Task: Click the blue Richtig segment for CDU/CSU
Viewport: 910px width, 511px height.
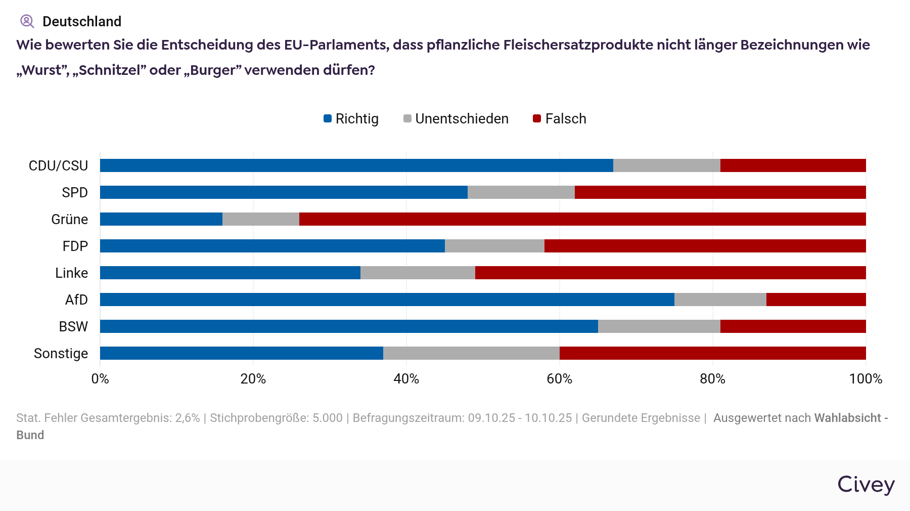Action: pos(356,165)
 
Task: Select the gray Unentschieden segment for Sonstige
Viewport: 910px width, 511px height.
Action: pos(471,353)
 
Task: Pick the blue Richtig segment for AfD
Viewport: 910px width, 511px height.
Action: pos(387,300)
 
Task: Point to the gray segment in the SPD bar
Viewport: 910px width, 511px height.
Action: pos(521,192)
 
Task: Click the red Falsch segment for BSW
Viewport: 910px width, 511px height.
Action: pos(793,326)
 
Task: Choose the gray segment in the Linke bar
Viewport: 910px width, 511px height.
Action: pos(418,273)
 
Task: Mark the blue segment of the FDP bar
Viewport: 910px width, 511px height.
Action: pos(272,246)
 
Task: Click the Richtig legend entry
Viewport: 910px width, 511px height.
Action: pos(351,119)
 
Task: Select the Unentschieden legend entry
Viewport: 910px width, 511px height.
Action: pos(456,119)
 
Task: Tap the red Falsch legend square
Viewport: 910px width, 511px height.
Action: pos(537,119)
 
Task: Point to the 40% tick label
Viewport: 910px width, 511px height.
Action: pos(406,379)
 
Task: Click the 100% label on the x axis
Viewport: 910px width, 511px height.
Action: pos(866,379)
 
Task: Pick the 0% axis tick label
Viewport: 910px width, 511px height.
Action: pos(100,379)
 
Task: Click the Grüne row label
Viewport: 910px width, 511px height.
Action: pos(70,219)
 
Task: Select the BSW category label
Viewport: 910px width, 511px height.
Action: pos(73,326)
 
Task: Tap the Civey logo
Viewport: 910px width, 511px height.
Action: pos(866,484)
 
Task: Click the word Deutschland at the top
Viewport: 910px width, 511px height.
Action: pos(82,21)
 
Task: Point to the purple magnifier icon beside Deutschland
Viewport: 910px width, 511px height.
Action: pos(27,21)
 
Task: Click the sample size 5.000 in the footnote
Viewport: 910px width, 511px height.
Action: pos(328,418)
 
